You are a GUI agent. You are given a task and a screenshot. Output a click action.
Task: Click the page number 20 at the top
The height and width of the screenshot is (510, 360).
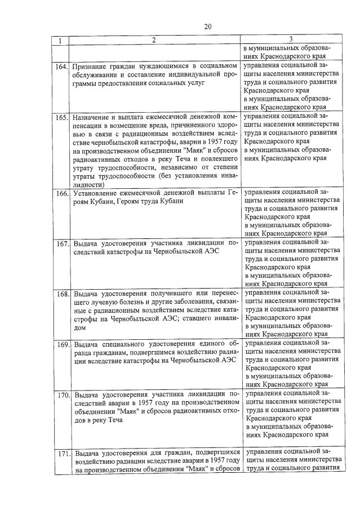point(207,26)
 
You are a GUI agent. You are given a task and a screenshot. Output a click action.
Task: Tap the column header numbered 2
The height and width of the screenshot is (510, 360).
point(154,40)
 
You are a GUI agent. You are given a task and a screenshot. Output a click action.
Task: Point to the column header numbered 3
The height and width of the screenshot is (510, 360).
point(291,39)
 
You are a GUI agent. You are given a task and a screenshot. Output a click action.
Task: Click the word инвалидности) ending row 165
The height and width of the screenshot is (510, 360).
point(89,185)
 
